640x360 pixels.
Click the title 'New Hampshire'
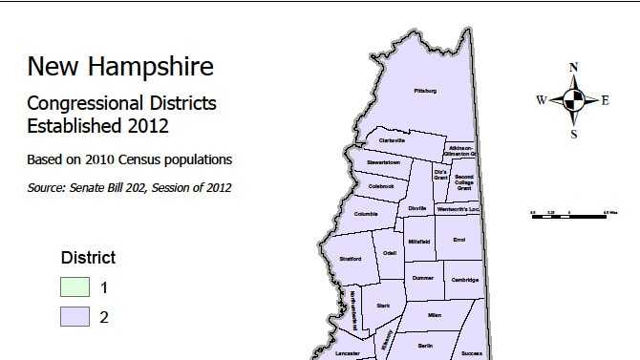point(120,67)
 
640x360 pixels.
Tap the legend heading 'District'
point(88,258)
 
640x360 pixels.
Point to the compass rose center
point(573,99)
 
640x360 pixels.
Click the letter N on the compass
point(573,68)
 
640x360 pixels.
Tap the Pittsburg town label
point(425,91)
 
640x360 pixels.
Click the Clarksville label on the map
point(393,140)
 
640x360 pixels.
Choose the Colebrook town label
point(381,186)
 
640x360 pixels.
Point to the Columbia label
point(366,214)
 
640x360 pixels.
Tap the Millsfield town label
point(419,242)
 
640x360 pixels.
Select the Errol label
point(459,239)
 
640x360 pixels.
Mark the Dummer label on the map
point(423,278)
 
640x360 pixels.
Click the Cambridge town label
point(465,280)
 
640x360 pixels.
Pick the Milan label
point(435,314)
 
